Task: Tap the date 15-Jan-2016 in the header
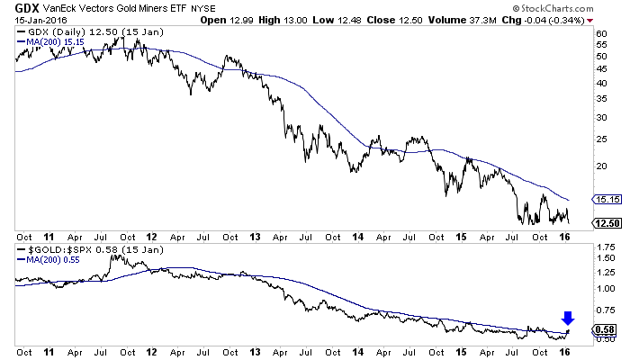coord(30,20)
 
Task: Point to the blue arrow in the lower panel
coord(567,317)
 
